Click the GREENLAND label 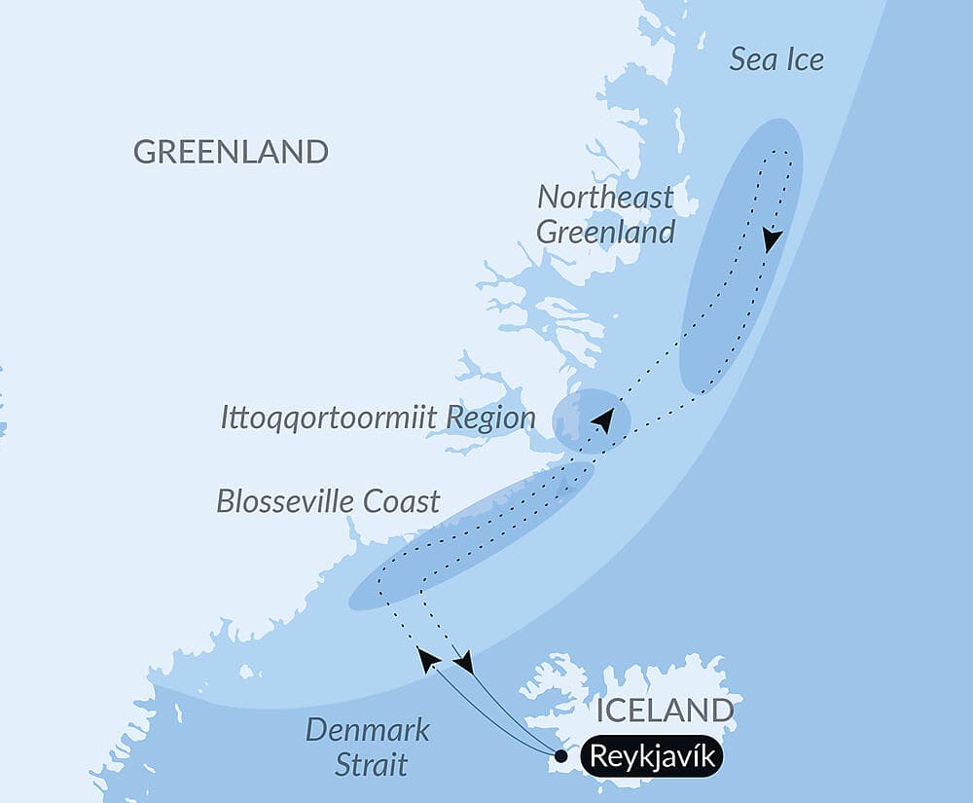click(231, 152)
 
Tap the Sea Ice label click(776, 59)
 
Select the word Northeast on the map click(605, 197)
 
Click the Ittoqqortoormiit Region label click(378, 419)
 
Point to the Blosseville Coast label click(328, 501)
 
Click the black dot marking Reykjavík click(560, 755)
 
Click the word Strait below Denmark click(371, 764)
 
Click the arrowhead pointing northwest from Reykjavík click(427, 659)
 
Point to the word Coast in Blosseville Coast click(402, 501)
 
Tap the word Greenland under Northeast click(605, 233)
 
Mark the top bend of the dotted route click(779, 153)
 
